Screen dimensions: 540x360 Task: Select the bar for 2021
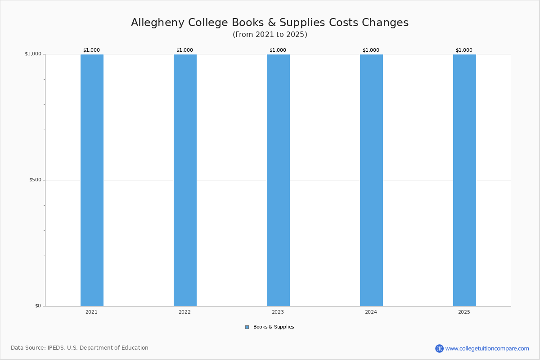pos(92,180)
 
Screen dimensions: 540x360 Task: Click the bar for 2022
pos(185,180)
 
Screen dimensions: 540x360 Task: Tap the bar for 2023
pos(278,180)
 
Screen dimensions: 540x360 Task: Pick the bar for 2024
pos(372,180)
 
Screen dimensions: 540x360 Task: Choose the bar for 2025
pos(464,180)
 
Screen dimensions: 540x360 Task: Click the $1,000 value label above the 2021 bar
pos(92,50)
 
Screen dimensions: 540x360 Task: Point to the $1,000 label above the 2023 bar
pos(278,50)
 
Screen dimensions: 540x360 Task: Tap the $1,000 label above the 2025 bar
pos(464,50)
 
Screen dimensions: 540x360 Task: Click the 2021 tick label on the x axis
pos(92,312)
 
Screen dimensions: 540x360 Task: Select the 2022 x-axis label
pos(184,312)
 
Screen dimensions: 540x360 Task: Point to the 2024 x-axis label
pos(371,312)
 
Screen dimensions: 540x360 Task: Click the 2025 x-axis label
pos(464,312)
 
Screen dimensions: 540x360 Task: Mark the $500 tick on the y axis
pos(35,180)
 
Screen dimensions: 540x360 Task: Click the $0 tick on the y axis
pos(38,306)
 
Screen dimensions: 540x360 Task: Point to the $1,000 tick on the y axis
pos(33,54)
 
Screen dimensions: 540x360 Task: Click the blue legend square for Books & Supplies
pos(247,327)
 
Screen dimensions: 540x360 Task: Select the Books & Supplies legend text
pos(274,327)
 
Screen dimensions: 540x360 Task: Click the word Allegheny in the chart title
pos(157,23)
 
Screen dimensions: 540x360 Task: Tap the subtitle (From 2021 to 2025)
pos(270,35)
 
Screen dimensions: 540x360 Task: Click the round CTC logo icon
pos(439,348)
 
